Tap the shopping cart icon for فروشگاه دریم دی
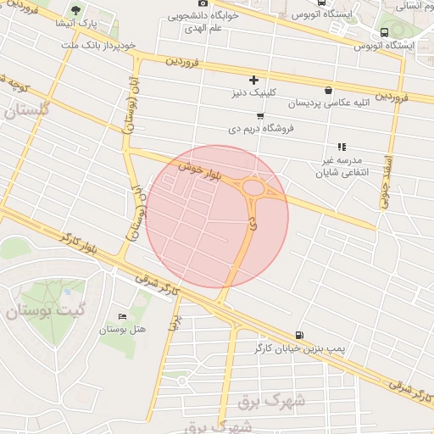pyautogui.click(x=259, y=116)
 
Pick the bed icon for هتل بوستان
pyautogui.click(x=123, y=316)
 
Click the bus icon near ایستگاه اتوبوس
pyautogui.click(x=384, y=32)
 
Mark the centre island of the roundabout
pyautogui.click(x=253, y=187)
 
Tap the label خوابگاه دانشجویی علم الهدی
pyautogui.click(x=203, y=20)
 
